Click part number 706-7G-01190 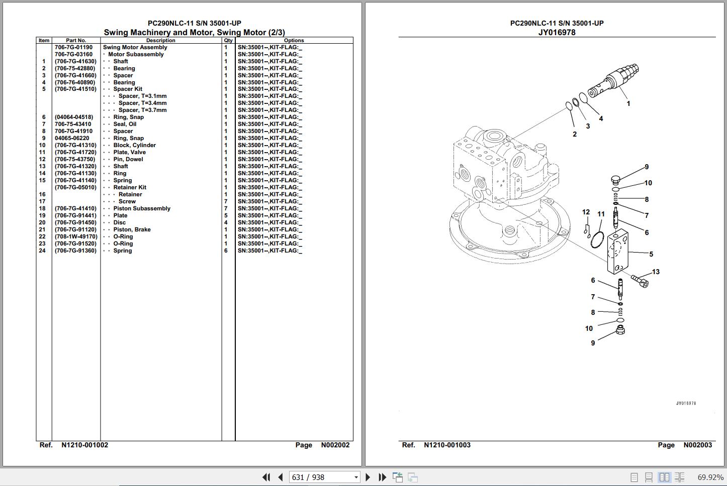(73, 47)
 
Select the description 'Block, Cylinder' (134, 145)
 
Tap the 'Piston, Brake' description (132, 229)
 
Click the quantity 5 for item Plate (226, 215)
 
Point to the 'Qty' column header (228, 41)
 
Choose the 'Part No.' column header (76, 41)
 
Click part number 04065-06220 (72, 138)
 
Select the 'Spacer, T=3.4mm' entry (142, 103)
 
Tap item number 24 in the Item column (42, 251)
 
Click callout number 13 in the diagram (656, 272)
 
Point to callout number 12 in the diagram (586, 212)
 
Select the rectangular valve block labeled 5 (617, 252)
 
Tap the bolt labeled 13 (640, 281)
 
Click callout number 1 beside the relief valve (628, 104)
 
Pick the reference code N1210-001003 (447, 445)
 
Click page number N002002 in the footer (335, 445)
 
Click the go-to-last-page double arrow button (382, 477)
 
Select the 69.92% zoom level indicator (710, 477)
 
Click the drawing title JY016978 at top (557, 33)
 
